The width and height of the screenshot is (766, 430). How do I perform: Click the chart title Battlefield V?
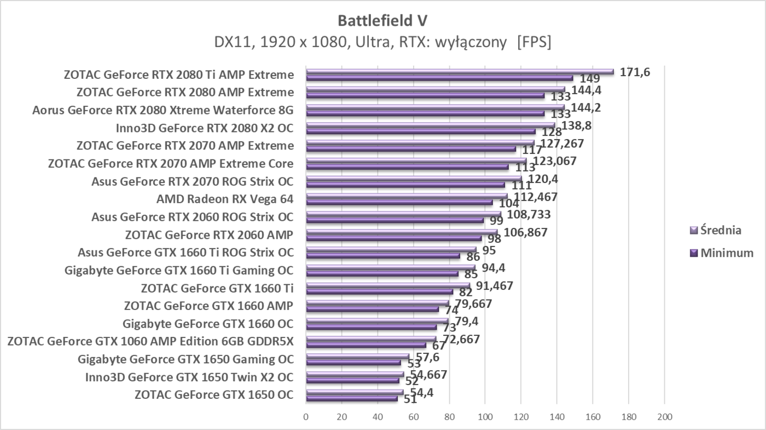point(382,20)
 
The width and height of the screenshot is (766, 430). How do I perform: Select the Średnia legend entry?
point(721,230)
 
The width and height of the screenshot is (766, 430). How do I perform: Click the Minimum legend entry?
point(727,253)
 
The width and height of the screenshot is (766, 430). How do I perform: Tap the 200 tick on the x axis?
point(664,416)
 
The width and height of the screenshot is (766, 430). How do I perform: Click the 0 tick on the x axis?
point(306,416)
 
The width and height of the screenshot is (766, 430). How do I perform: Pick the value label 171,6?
point(635,71)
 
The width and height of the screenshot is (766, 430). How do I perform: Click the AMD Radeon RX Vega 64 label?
point(224,199)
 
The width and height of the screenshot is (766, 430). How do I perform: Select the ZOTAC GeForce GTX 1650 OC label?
point(213,395)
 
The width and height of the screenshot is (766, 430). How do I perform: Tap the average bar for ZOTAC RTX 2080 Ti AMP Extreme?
point(460,72)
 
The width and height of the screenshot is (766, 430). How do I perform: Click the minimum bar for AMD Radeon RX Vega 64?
point(399,202)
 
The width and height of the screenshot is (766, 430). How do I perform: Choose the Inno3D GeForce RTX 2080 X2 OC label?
point(205,128)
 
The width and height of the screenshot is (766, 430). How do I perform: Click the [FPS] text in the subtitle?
point(534,42)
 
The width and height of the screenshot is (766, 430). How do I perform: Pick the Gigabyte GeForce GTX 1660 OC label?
point(208,323)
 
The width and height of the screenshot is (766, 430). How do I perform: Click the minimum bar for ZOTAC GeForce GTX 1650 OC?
point(351,398)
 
